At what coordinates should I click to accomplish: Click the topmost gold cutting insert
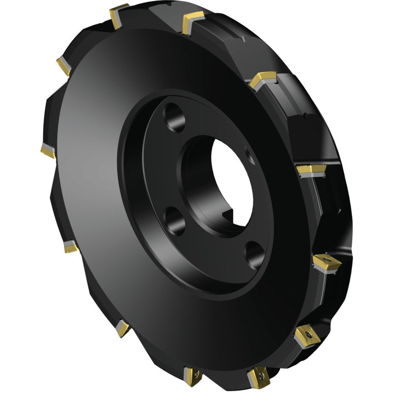119,14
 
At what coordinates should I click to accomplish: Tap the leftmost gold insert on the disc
48,151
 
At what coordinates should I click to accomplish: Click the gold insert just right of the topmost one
193,22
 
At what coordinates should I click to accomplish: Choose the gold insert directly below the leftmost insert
71,247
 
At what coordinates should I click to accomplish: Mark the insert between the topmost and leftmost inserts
64,66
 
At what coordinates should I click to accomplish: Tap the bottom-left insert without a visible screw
122,328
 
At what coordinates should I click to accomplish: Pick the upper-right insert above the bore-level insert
262,80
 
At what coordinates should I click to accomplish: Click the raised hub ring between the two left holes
152,170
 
